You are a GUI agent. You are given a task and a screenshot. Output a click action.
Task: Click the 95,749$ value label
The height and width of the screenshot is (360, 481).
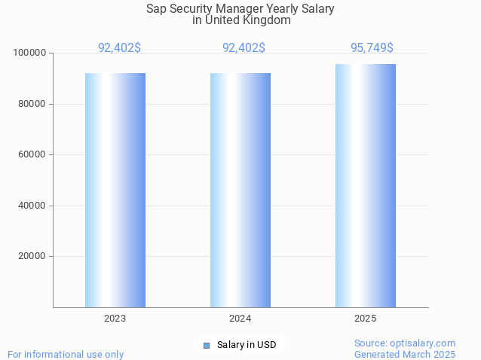tap(372, 47)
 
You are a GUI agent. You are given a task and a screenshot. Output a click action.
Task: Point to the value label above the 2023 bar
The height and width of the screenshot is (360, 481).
tap(119, 47)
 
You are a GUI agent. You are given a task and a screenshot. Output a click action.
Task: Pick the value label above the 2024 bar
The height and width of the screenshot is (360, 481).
tap(244, 47)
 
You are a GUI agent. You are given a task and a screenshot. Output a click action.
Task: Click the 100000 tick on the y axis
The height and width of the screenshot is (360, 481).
tap(30, 53)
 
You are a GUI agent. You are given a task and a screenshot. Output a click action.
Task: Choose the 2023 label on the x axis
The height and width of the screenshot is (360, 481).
tap(115, 319)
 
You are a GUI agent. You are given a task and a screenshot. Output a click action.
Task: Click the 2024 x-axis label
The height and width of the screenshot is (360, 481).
tap(240, 319)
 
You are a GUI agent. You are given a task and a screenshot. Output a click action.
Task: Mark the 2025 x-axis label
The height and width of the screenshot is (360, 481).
tap(366, 319)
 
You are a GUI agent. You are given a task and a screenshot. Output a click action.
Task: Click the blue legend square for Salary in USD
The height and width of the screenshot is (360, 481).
tap(207, 345)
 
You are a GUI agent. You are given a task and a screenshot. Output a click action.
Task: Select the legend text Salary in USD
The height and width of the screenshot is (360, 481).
tap(247, 345)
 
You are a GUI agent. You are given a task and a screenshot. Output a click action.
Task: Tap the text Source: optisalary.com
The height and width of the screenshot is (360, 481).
tap(405, 343)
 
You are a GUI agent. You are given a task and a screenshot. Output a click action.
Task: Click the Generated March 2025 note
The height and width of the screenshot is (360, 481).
tap(405, 354)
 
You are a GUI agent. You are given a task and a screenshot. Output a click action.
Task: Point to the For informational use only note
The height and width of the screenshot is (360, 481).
tap(66, 354)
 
